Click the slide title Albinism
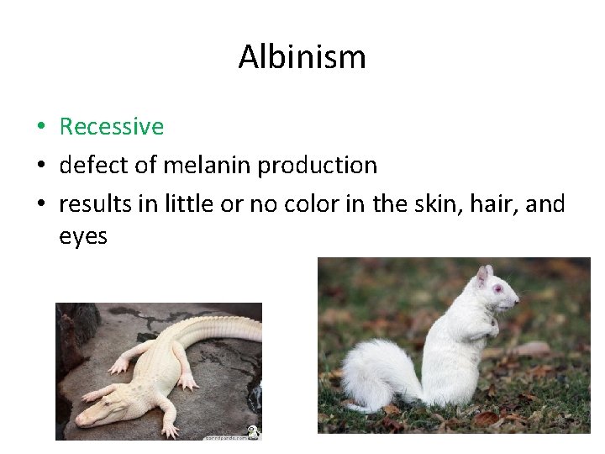click(x=302, y=57)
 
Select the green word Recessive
click(x=111, y=127)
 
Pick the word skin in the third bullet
click(x=445, y=204)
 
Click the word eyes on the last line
click(x=83, y=237)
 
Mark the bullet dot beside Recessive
click(x=40, y=128)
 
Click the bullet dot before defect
click(x=40, y=166)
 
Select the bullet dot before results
click(x=40, y=205)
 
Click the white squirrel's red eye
click(x=497, y=288)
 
